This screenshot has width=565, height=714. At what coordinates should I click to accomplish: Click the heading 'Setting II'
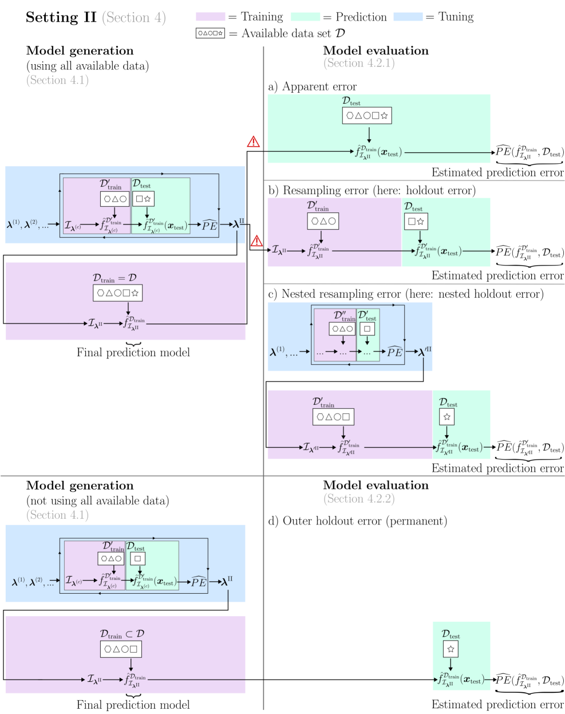click(61, 18)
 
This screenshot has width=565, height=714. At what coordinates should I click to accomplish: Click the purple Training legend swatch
click(210, 17)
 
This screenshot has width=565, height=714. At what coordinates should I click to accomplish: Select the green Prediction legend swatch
click(305, 17)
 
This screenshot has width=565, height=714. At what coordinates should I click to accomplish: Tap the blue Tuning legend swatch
click(408, 17)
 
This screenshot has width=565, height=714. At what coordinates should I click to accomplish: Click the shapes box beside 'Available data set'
click(210, 33)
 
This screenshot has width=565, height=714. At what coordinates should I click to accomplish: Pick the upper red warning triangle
click(254, 141)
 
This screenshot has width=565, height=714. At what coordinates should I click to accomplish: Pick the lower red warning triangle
click(257, 240)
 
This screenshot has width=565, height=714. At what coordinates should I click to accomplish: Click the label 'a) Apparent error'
click(313, 86)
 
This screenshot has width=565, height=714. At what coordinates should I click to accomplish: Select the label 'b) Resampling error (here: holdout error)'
click(372, 190)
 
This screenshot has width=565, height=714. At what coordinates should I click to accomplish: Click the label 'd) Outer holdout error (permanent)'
click(358, 521)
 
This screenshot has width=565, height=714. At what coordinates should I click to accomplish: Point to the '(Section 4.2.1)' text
click(359, 63)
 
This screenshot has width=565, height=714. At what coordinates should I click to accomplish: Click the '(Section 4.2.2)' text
click(359, 499)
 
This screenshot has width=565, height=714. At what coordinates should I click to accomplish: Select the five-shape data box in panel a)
click(367, 116)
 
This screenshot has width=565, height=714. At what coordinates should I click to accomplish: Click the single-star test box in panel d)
click(451, 649)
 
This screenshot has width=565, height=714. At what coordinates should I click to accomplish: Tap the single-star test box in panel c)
click(447, 417)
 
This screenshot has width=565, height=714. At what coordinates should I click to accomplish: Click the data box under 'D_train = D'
click(117, 293)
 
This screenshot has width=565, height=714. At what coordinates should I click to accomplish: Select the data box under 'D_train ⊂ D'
click(121, 649)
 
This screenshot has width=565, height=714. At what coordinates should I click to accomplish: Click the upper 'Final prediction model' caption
click(133, 353)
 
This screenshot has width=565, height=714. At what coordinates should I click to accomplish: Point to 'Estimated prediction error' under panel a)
click(497, 172)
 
